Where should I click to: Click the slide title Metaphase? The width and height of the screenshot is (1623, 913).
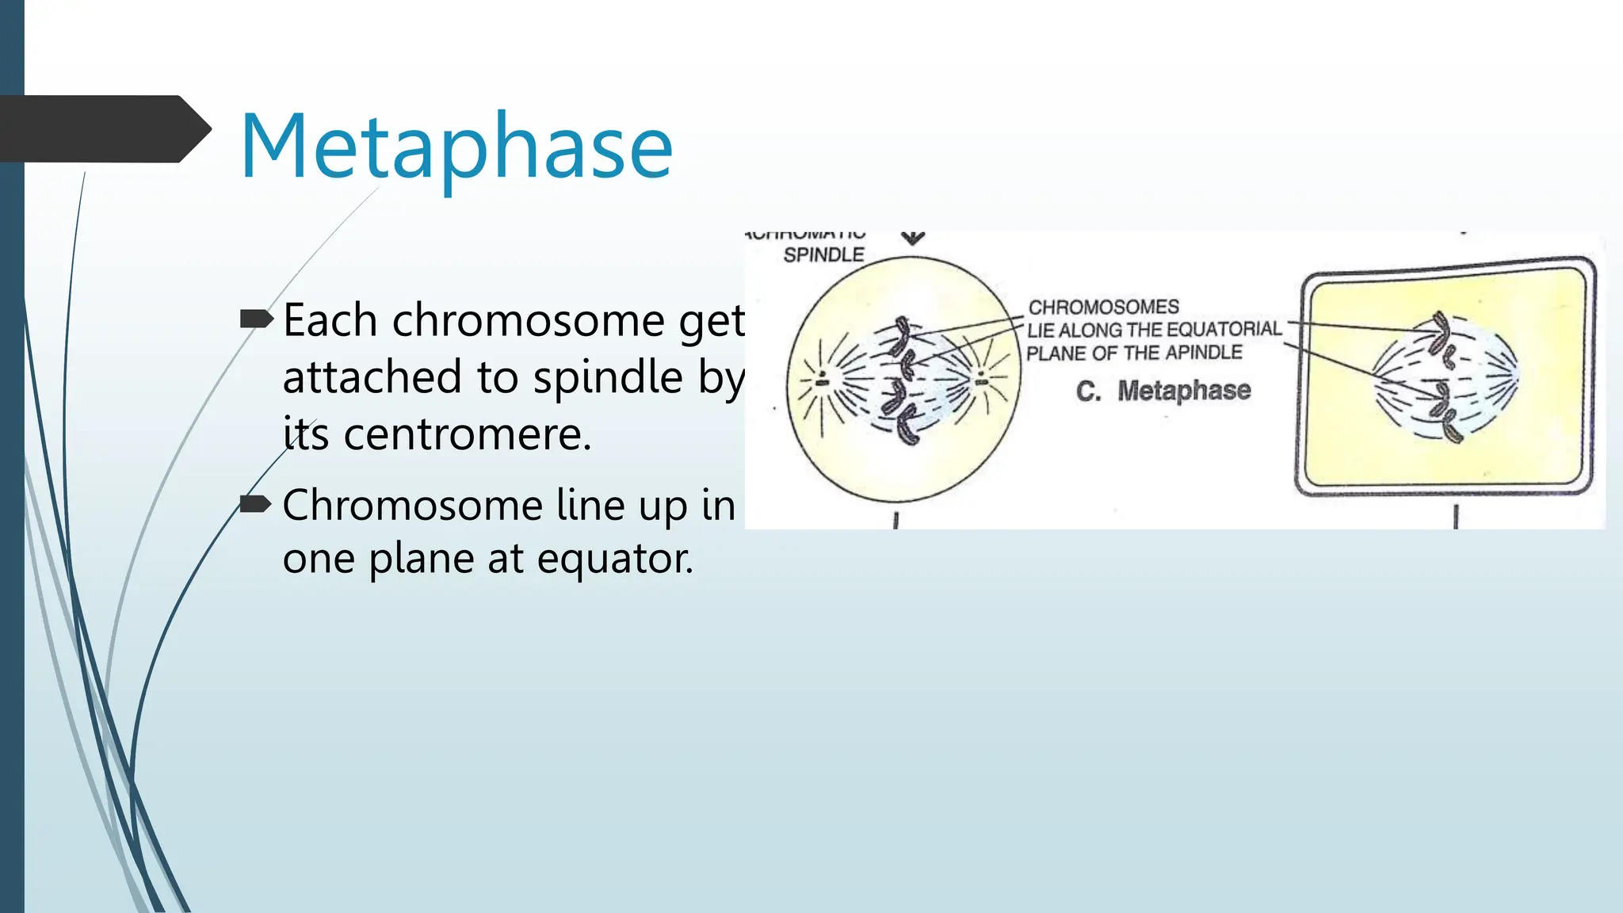point(456,147)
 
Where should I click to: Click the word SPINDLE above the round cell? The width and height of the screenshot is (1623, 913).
point(823,255)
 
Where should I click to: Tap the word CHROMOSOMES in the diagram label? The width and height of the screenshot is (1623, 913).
point(1103,307)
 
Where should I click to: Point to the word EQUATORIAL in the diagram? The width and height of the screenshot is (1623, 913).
point(1223,329)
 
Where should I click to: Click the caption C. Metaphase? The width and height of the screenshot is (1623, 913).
point(1163,391)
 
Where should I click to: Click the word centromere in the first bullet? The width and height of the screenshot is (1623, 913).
point(468,434)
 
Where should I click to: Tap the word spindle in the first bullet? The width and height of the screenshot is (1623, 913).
point(607,378)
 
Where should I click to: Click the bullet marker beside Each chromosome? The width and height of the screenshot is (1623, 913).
point(255,319)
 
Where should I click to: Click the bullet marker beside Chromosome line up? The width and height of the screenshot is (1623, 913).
point(255,504)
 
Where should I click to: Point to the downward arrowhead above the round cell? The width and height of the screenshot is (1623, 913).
point(913,238)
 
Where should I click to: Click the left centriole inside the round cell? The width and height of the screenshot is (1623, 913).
point(823,380)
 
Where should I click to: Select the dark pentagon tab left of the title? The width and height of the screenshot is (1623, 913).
point(103,129)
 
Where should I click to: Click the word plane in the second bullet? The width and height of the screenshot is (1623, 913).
point(421,559)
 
